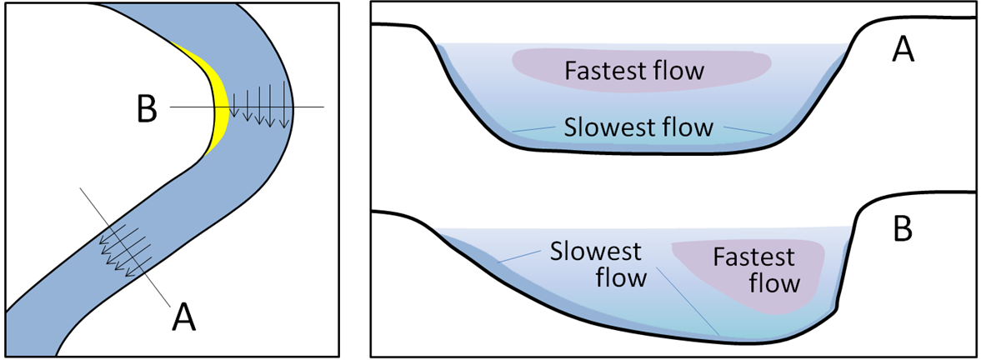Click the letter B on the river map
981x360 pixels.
[147, 110]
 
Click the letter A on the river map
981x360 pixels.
[184, 317]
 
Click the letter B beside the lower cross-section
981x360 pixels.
[903, 231]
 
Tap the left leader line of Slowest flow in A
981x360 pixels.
[533, 128]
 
